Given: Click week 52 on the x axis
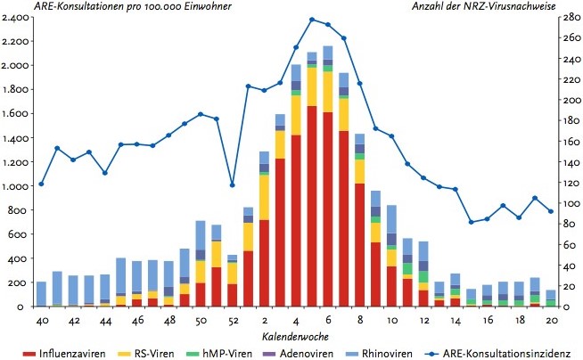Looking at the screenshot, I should coord(232,319).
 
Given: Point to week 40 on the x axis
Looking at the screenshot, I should coord(41,319).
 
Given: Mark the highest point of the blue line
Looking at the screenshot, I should coord(312,19).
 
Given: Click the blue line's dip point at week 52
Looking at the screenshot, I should coord(232,185).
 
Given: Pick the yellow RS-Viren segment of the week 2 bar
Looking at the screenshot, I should coord(264,197).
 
